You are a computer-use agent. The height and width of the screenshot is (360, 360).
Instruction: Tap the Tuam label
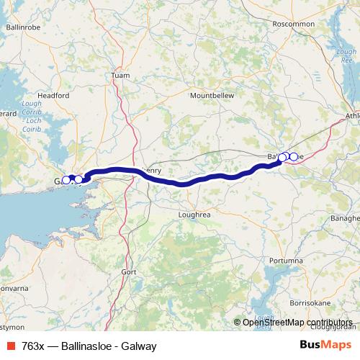(120, 75)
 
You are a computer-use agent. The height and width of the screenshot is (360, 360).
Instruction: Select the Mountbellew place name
(212, 95)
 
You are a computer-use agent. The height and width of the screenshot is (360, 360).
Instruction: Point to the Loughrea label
(194, 214)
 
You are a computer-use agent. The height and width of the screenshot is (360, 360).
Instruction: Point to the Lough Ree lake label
(348, 56)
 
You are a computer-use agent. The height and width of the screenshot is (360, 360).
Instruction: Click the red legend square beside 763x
(9, 346)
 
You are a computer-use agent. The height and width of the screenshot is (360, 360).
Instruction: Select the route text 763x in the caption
(32, 346)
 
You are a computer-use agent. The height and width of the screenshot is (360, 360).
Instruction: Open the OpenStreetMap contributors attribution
(297, 323)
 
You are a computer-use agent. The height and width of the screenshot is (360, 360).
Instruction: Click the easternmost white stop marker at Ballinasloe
(293, 156)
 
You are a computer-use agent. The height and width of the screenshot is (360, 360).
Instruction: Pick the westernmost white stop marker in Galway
(66, 180)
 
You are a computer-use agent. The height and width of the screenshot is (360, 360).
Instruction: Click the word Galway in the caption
(139, 346)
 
